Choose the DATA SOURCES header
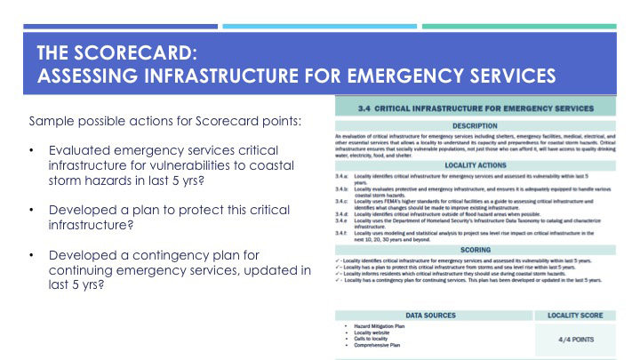coord(430,316)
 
